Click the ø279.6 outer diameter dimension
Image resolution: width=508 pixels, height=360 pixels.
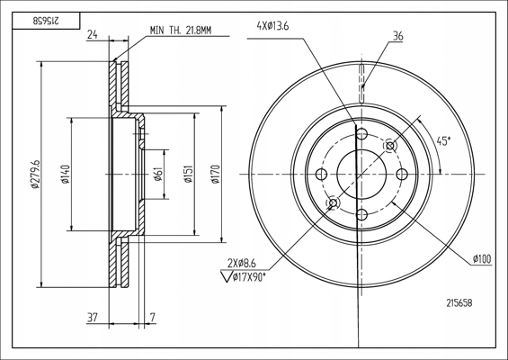35,175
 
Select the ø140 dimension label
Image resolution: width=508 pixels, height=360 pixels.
66,175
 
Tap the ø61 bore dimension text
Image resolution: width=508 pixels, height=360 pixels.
157,175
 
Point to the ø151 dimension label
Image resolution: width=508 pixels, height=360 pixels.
189,175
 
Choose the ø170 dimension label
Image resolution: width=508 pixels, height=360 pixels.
216,175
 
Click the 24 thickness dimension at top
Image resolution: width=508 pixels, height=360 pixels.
93,34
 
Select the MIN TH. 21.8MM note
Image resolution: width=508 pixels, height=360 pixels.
181,31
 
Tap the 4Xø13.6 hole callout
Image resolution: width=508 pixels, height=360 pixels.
272,26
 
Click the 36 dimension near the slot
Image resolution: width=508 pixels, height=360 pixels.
397,36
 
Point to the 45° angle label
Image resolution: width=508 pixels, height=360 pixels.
443,141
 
